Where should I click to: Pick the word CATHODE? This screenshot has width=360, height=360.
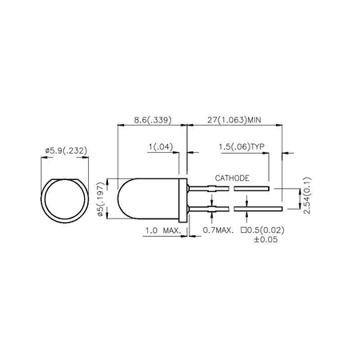[x=232, y=177]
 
